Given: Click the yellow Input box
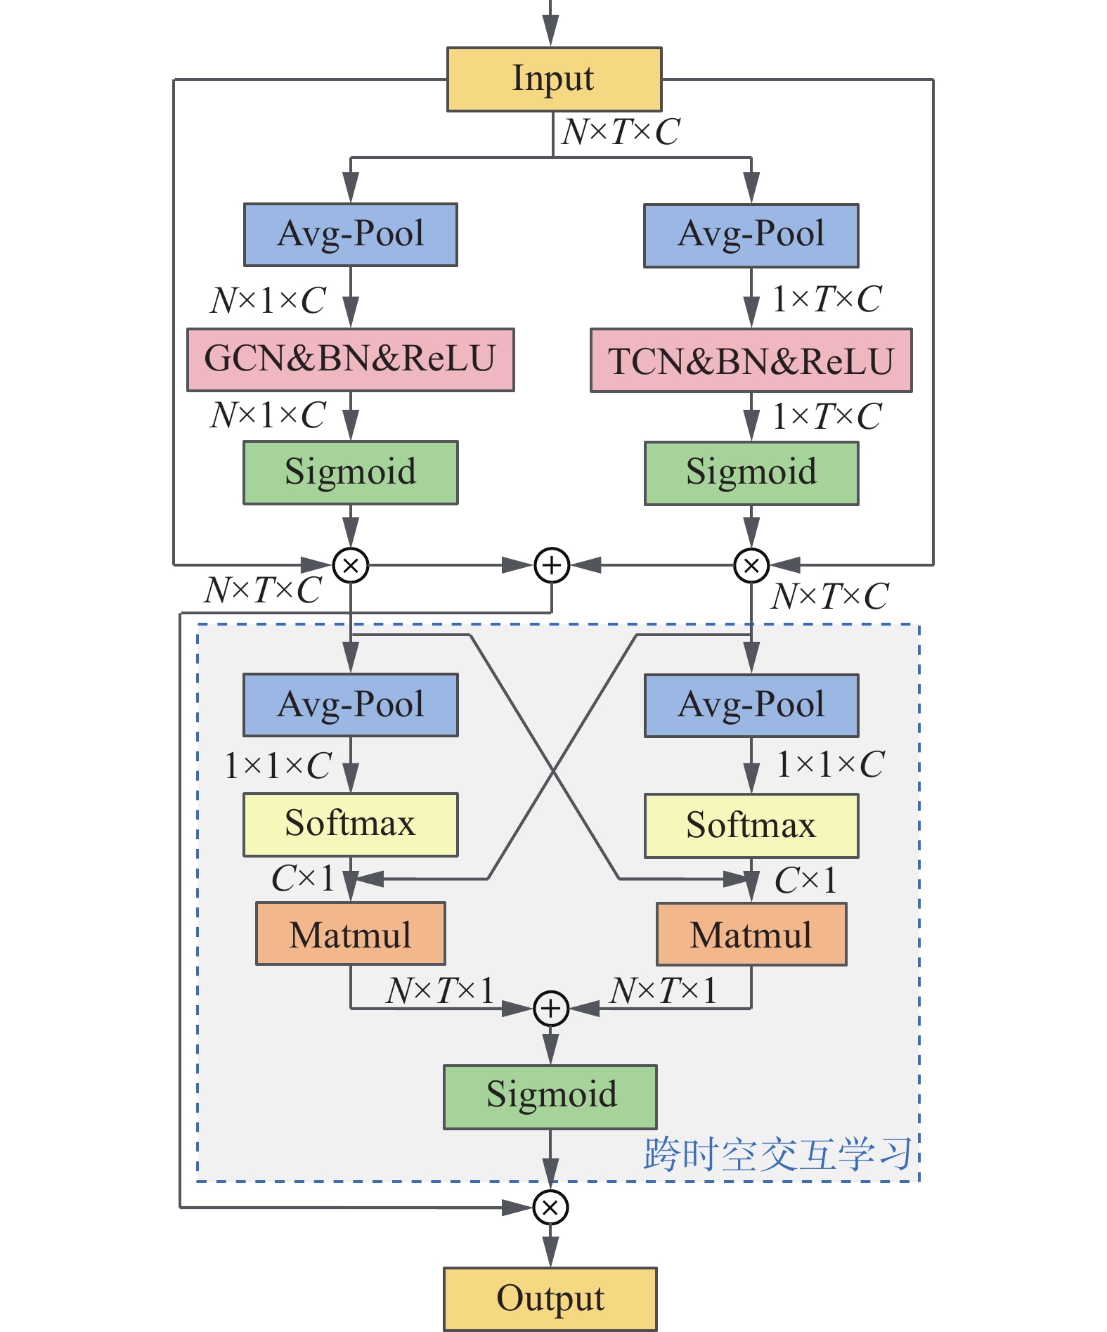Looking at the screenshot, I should (x=554, y=79).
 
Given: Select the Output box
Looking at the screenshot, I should (x=550, y=1298).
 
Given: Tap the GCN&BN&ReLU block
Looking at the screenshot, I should (x=350, y=359).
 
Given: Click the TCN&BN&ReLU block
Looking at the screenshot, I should (x=751, y=361).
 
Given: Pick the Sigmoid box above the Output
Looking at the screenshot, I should (x=550, y=1097).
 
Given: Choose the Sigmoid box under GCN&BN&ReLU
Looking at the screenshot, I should (x=350, y=472).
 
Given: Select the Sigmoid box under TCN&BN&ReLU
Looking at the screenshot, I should (x=751, y=472).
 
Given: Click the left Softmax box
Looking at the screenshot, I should (x=350, y=825).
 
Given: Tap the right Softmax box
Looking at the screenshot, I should (x=751, y=825).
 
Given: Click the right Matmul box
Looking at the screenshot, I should (x=751, y=934).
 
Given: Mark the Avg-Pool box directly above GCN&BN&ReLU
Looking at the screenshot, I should (x=350, y=235).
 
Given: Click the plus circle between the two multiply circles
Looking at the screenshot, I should (x=552, y=565).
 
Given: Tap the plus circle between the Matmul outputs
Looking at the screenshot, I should (x=551, y=1009).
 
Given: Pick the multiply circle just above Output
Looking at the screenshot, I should (x=550, y=1208).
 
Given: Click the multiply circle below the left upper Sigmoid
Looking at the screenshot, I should (x=351, y=565).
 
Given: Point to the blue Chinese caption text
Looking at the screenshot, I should (x=777, y=1154).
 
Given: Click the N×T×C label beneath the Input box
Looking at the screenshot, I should (x=621, y=131).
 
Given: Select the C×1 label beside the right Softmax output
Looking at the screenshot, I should (x=805, y=880).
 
